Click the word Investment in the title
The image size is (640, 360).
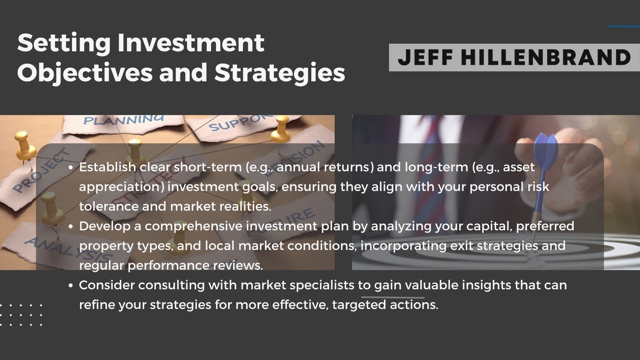coord(191,43)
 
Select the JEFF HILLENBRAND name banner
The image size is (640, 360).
coord(514,57)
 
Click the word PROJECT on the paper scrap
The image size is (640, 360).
coord(42,172)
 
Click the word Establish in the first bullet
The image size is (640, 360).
coord(108,167)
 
